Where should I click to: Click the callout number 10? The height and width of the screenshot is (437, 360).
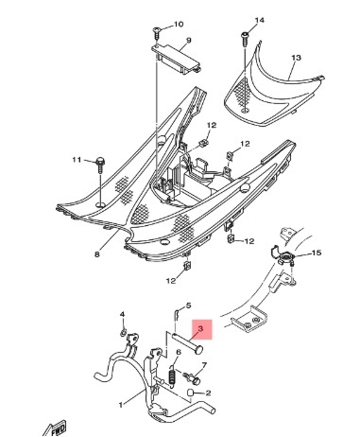tap(179, 25)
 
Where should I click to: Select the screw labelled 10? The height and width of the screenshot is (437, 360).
tap(157, 32)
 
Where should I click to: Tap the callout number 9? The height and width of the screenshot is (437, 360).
tap(189, 41)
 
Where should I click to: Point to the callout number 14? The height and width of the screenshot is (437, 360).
tap(259, 21)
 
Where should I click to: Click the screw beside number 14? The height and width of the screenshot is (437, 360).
tap(245, 39)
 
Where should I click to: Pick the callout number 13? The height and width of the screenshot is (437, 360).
tap(296, 58)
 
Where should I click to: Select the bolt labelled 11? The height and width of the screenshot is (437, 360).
tap(100, 165)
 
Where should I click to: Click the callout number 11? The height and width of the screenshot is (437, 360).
tap(77, 160)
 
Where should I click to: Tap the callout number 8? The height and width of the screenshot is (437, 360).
tap(96, 254)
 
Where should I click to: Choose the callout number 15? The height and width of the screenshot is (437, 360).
tap(317, 253)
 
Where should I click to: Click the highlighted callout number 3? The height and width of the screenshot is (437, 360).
tap(200, 328)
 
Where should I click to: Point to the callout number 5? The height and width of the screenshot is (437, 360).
tap(188, 306)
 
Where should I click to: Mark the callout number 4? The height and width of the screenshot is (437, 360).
tap(122, 314)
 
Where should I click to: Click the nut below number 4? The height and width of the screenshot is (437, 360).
tap(124, 331)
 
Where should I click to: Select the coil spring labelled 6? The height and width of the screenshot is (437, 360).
tap(172, 376)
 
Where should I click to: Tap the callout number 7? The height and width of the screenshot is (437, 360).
tap(204, 365)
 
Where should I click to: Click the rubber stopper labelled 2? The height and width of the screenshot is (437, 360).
tap(190, 393)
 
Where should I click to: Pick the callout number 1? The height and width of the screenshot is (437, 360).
tap(120, 405)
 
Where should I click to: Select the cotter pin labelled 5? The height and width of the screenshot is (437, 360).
tap(177, 314)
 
